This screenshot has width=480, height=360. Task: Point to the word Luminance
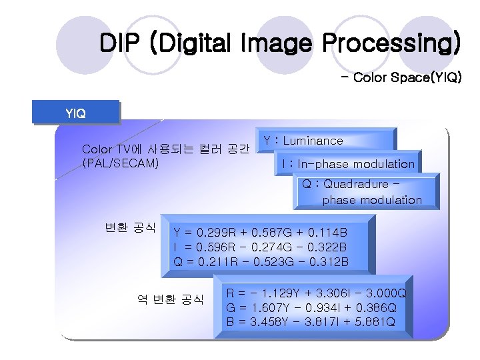313,141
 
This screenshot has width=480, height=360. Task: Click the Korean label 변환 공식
130,227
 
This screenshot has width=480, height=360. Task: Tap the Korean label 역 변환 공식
170,299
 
